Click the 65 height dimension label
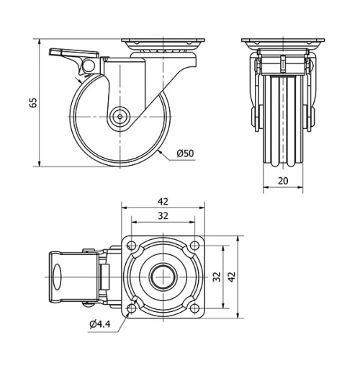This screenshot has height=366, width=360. point(32,103)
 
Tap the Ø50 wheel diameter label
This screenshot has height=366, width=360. point(186,153)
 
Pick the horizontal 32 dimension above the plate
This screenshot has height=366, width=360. point(163,216)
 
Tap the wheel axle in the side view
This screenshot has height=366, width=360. point(119,115)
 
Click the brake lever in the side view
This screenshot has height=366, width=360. point(68,53)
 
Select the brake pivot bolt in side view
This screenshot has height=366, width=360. point(87,68)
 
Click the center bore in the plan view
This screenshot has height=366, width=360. point(163,276)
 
